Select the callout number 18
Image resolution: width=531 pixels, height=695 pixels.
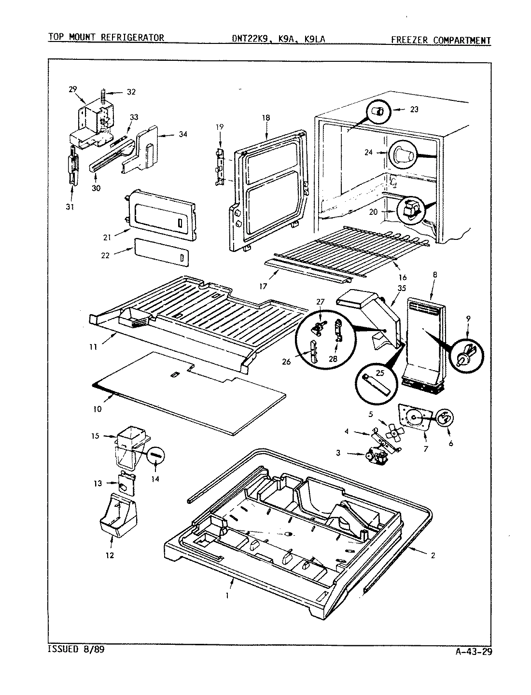point(266,118)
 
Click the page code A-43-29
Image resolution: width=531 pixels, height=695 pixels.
point(473,652)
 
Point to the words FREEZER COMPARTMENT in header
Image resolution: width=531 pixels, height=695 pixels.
point(441,40)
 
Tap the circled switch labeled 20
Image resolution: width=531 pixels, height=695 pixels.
point(411,210)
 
